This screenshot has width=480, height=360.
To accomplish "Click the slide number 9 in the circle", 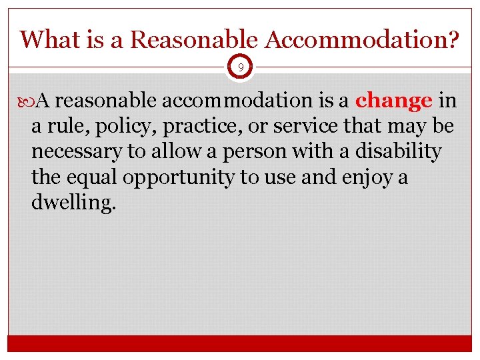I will tap(240, 67).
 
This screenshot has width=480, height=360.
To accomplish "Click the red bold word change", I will tap(394, 101).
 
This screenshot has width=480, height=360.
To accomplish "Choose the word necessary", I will tap(77, 152).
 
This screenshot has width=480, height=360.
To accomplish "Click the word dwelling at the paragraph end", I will tap(73, 203).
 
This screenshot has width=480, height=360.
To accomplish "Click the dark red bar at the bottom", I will tap(240, 343).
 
